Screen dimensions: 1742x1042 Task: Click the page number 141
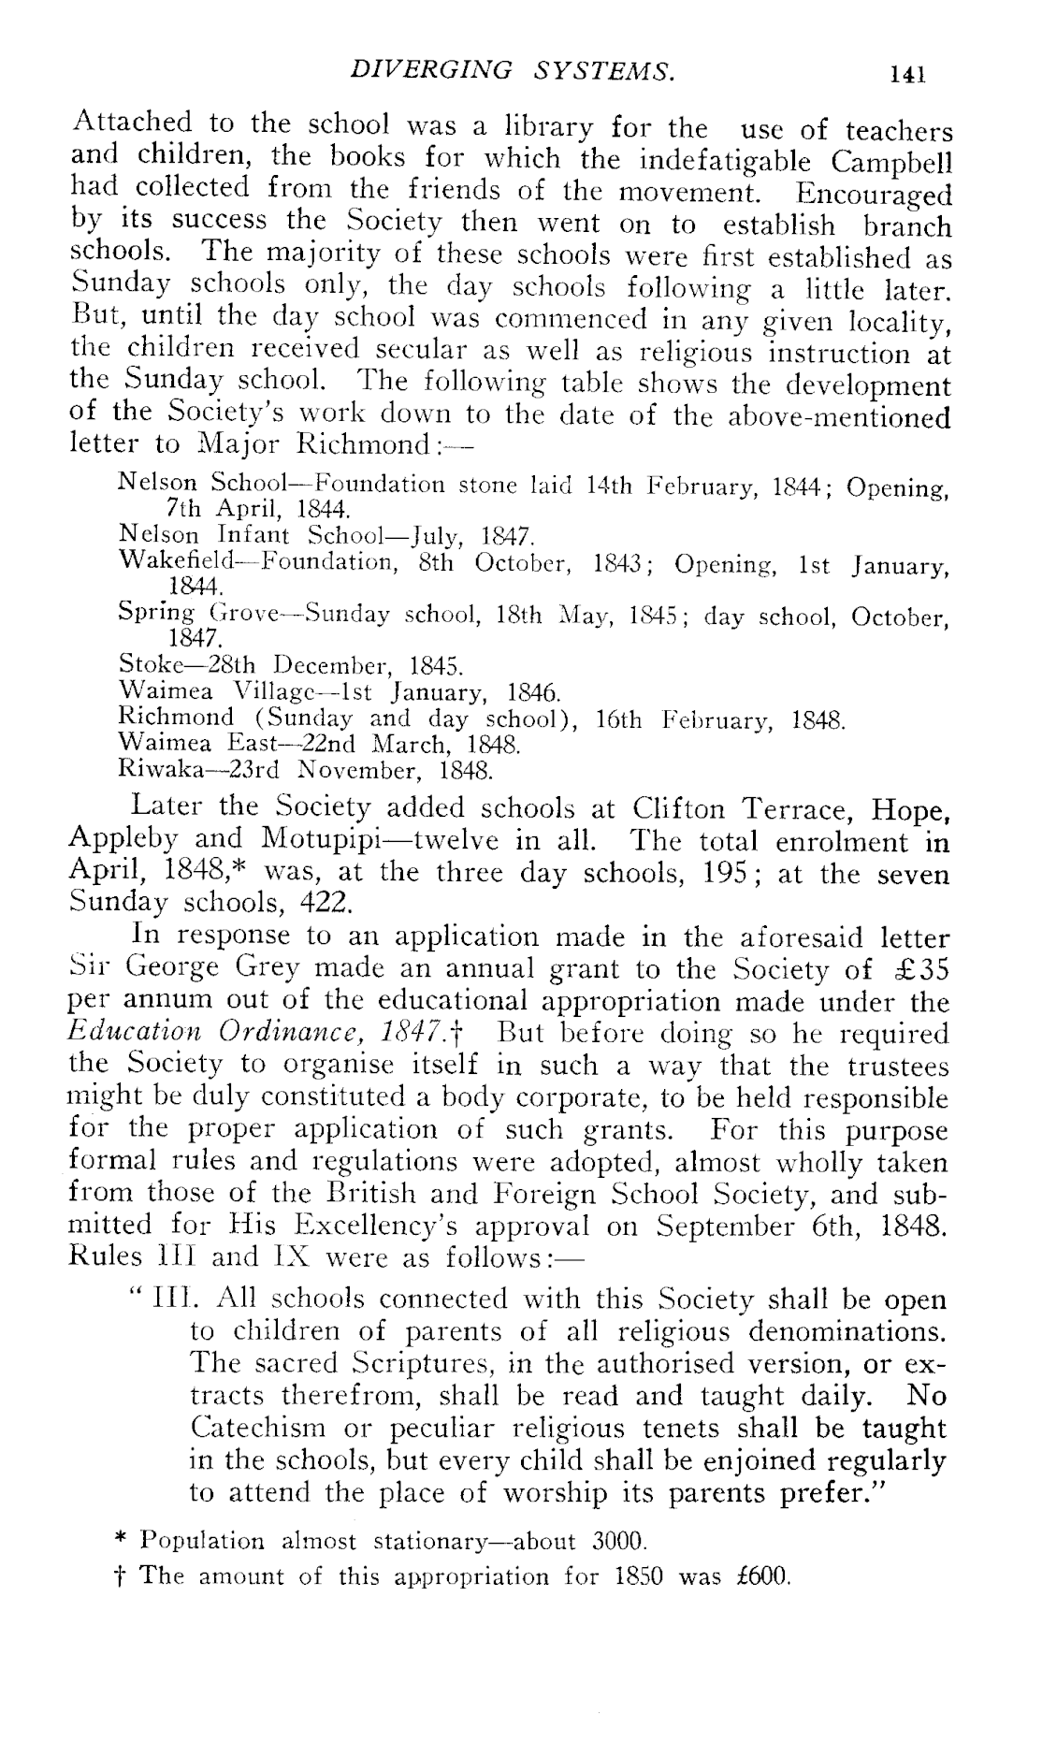[908, 74]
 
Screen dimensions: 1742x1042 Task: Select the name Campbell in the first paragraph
[890, 162]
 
